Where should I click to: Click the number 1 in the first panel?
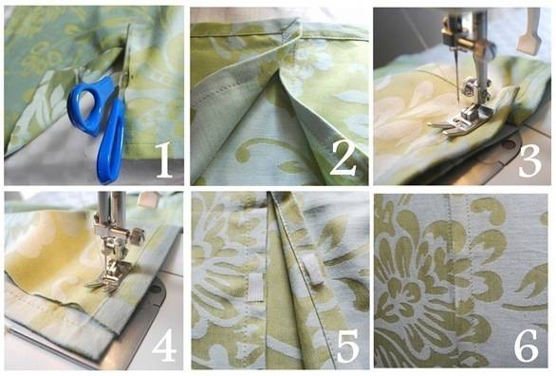162,161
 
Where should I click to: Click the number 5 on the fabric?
343,347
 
